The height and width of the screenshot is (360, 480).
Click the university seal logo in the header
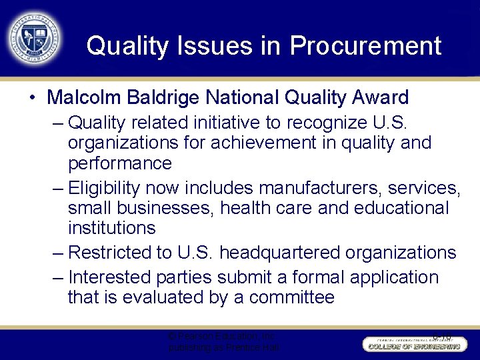(x=34, y=37)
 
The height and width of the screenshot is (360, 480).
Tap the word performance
(x=120, y=163)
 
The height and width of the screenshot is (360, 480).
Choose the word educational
(x=392, y=207)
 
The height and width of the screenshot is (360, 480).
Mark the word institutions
(x=111, y=228)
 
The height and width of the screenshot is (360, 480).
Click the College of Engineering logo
(x=413, y=343)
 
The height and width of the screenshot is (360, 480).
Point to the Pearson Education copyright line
(x=222, y=337)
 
